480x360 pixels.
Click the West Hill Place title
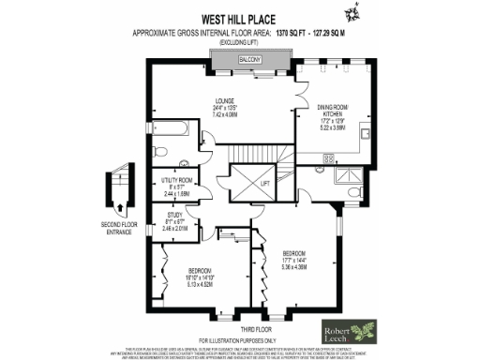[238, 17]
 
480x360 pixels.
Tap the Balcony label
[248, 59]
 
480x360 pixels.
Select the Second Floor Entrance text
[114, 228]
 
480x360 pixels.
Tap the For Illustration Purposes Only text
[239, 338]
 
